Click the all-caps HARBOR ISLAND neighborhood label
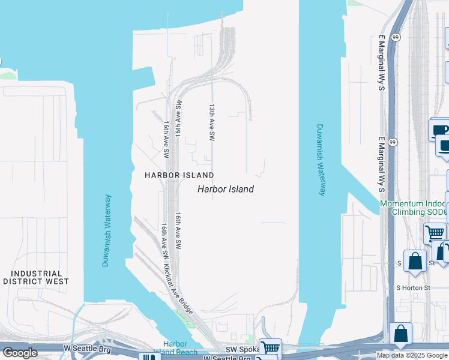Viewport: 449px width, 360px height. click(x=179, y=175)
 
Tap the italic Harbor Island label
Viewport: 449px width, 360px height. click(x=226, y=189)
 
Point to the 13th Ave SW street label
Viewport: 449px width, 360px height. click(x=212, y=122)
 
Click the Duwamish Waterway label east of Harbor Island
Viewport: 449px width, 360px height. click(x=321, y=160)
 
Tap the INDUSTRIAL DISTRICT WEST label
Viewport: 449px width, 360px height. click(x=36, y=277)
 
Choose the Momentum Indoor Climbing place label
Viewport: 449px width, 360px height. click(x=414, y=208)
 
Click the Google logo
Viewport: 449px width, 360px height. click(x=20, y=353)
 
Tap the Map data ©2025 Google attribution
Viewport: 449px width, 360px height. click(x=411, y=355)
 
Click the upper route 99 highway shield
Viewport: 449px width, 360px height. click(x=394, y=37)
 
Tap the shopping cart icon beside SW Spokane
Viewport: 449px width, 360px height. click(x=271, y=347)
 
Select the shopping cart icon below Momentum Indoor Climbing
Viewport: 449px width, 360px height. click(x=435, y=232)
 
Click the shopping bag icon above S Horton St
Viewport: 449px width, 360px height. click(x=415, y=261)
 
